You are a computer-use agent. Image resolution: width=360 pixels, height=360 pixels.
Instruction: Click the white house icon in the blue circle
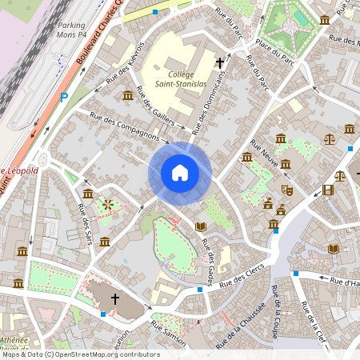point(180,173)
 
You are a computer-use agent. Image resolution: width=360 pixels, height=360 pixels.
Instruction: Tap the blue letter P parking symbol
point(64,98)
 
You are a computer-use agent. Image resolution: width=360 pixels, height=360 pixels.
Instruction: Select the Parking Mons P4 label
point(75,29)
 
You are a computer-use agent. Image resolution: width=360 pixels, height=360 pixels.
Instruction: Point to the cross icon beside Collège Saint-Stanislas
point(220,62)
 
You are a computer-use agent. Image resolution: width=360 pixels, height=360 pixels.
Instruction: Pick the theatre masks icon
point(286,190)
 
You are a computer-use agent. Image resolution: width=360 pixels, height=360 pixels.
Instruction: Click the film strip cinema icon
point(329,190)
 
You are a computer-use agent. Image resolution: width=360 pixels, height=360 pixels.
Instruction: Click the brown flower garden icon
point(107,205)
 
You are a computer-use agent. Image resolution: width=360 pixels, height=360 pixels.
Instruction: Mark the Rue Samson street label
point(169,337)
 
